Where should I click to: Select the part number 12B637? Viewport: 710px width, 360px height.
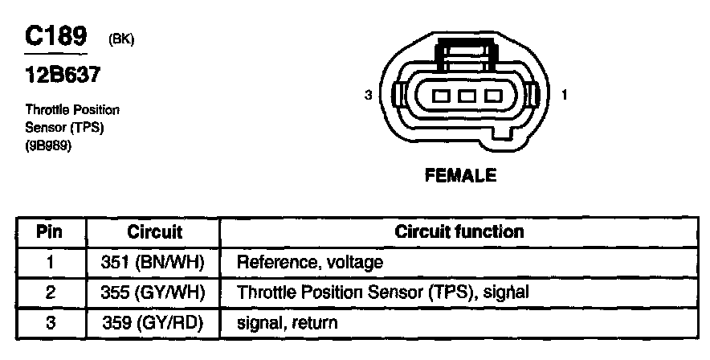pyautogui.click(x=63, y=76)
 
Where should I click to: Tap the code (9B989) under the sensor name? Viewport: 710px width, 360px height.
pyautogui.click(x=49, y=146)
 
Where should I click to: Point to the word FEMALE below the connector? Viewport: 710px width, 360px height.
pyautogui.click(x=460, y=175)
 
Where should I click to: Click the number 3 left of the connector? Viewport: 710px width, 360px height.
pyautogui.click(x=369, y=96)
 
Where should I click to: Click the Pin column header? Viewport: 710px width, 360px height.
pyautogui.click(x=50, y=232)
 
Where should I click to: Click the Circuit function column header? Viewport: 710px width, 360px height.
pyautogui.click(x=459, y=232)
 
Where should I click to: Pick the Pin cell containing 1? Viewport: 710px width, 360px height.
pyautogui.click(x=50, y=262)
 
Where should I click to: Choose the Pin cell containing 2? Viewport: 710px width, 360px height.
pyautogui.click(x=50, y=292)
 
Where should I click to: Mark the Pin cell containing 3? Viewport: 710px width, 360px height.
pyautogui.click(x=50, y=323)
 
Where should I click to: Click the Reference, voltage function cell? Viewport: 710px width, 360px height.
pyautogui.click(x=309, y=262)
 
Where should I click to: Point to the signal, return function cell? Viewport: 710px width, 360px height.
pyautogui.click(x=287, y=323)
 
